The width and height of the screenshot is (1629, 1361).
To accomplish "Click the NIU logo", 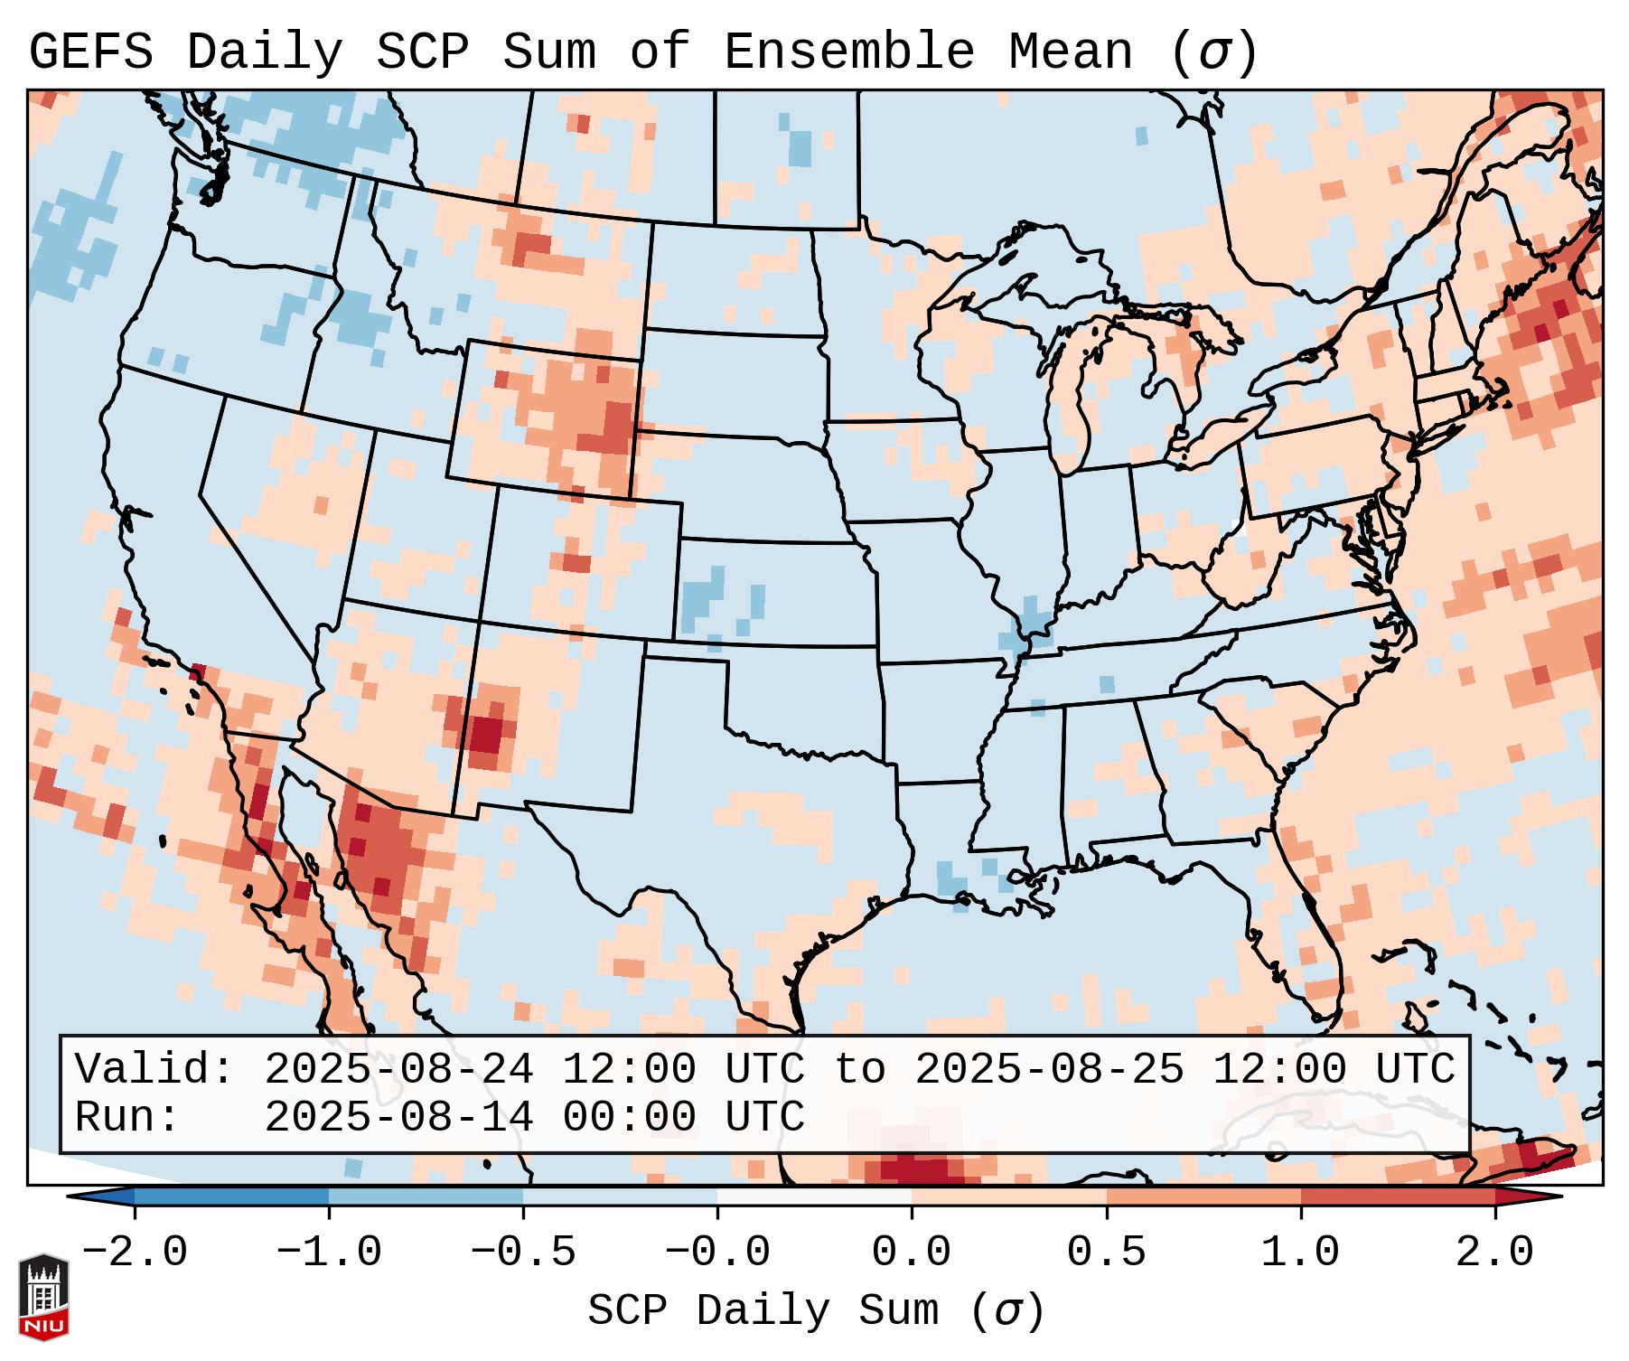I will coord(43,1297).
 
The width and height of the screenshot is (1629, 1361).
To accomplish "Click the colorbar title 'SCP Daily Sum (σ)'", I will coord(816,1311).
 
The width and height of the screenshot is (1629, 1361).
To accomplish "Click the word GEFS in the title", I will coord(90,52).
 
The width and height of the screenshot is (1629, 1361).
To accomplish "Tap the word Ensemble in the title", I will coord(849,52).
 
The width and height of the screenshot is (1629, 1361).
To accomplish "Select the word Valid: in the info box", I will coord(154,1069).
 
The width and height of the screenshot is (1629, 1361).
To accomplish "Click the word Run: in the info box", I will coord(127,1117).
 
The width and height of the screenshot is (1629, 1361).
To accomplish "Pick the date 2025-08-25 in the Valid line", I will coord(1049,1069).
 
